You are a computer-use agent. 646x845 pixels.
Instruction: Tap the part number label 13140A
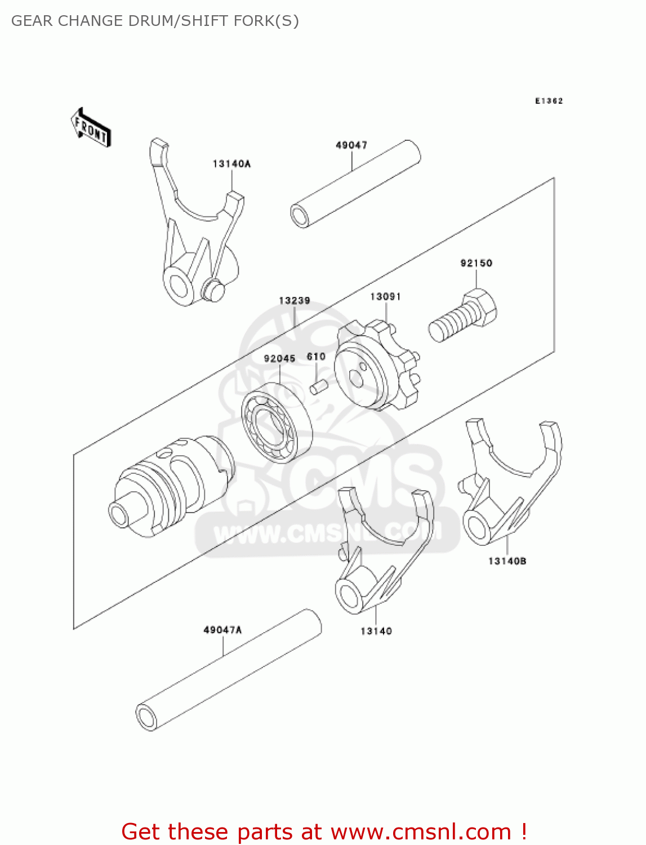231,164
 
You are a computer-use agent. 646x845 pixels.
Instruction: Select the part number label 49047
351,145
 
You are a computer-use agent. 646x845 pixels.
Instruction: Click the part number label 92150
476,263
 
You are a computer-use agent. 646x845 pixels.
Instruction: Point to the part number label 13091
385,297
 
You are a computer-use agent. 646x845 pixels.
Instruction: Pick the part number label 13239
295,301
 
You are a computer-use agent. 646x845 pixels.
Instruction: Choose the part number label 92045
279,359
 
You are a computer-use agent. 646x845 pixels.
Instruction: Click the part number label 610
316,357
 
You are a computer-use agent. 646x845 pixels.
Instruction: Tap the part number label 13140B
507,561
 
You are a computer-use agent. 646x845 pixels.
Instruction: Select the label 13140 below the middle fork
376,631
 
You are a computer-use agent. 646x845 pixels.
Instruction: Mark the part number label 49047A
222,630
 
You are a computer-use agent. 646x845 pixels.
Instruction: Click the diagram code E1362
549,101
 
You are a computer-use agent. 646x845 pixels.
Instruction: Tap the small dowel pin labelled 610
319,388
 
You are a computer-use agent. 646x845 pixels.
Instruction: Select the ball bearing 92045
277,422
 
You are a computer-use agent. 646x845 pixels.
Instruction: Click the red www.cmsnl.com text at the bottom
420,832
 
